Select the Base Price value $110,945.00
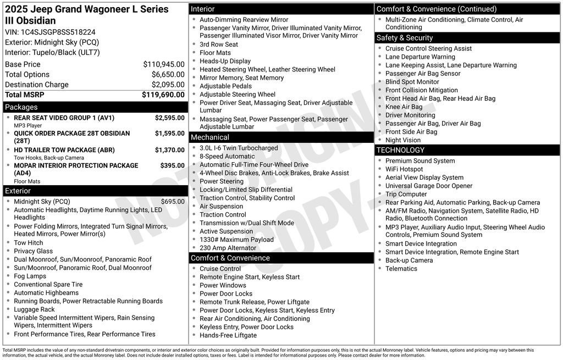[x=164, y=64]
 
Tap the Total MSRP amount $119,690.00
[x=163, y=95]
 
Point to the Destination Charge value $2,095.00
[x=168, y=85]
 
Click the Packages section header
[x=21, y=107]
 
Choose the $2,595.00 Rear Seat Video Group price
[x=169, y=118]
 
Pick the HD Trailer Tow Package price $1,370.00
[x=169, y=150]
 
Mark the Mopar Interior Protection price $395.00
[x=172, y=165]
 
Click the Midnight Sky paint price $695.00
[x=173, y=202]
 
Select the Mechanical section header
[x=210, y=137]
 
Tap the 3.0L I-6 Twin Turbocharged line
[x=239, y=148]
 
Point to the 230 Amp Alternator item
[x=228, y=248]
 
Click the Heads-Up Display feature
[x=225, y=62]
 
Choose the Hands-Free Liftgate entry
[x=228, y=335]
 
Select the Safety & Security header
[x=405, y=38]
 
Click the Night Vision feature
[x=403, y=140]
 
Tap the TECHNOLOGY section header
[x=400, y=150]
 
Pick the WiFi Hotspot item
[x=404, y=169]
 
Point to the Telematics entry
[x=401, y=269]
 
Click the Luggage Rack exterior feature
[x=34, y=309]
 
